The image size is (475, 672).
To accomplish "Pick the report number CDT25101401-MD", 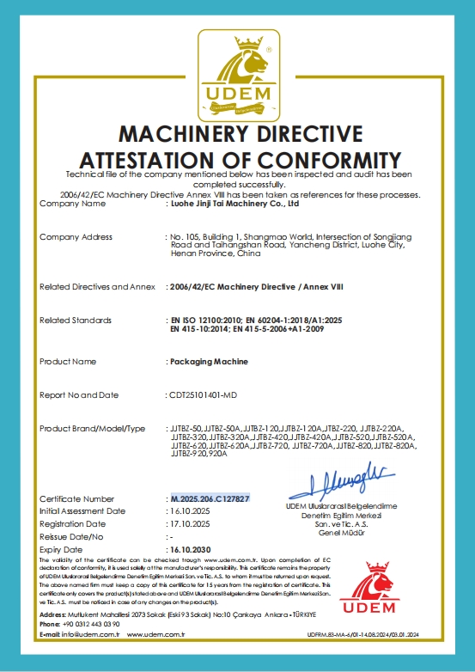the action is coord(210,395).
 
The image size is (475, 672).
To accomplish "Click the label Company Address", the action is coord(76,236).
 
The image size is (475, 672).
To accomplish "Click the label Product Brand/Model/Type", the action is coord(93,428).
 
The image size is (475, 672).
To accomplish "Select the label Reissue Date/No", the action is coord(75,535).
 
